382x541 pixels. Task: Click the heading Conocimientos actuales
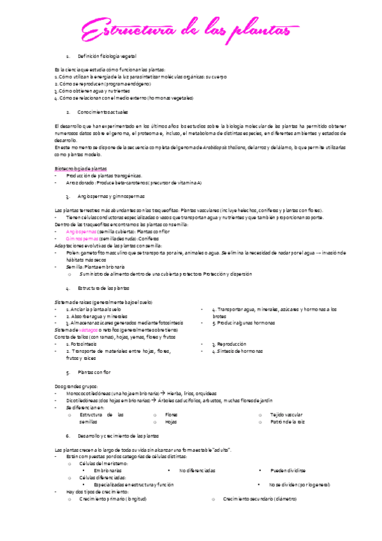[x=103, y=112]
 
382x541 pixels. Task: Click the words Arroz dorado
[x=79, y=182]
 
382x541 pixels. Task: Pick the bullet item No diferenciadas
[x=197, y=471]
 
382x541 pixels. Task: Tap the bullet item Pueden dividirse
[x=288, y=471]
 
